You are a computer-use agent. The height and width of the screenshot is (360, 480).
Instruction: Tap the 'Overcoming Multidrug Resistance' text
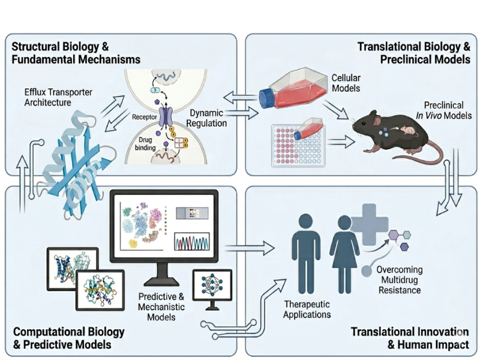[400, 280]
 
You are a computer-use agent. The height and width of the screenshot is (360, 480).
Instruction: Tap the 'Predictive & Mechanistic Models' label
[161, 307]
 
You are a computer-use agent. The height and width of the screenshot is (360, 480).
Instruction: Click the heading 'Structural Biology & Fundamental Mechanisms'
[72, 53]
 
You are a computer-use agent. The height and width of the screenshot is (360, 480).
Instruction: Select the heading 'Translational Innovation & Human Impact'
[408, 338]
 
